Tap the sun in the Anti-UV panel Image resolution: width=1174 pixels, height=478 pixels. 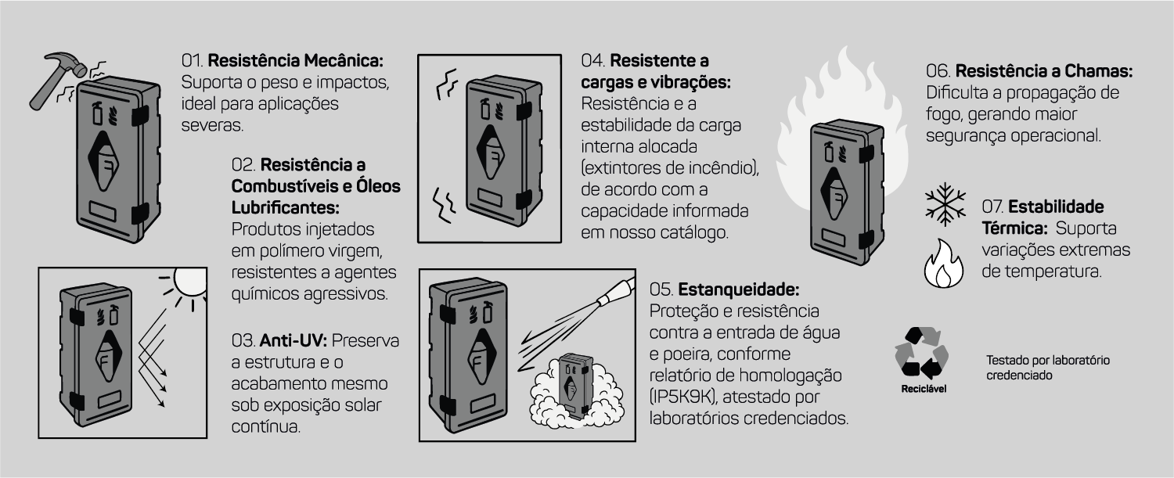coord(189,283)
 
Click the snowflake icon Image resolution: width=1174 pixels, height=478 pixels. coord(945,204)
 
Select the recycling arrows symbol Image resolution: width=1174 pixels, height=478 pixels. coord(921,353)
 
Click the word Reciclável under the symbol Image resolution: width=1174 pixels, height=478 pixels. coord(924,389)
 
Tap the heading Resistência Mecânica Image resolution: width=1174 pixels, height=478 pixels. coord(296,61)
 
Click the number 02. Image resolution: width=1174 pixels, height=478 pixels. coord(243,165)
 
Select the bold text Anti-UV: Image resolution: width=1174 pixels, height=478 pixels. coord(293,340)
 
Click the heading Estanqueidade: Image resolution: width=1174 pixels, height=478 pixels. coord(739,289)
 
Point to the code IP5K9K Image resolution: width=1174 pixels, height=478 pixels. coord(683,397)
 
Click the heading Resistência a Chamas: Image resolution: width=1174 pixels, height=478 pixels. coord(1044,71)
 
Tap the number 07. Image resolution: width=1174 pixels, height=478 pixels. coord(992,207)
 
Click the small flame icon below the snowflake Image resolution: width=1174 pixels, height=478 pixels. coord(943,264)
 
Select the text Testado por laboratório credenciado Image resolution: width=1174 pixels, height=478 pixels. coord(1048,368)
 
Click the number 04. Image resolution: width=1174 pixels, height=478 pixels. coord(593,61)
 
